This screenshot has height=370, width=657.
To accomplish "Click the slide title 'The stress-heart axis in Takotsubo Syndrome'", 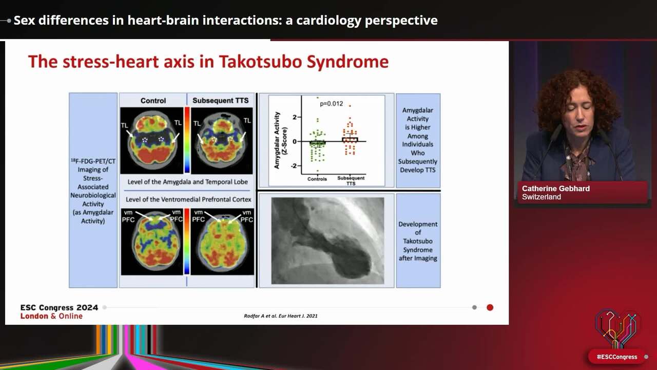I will pyautogui.click(x=208, y=62).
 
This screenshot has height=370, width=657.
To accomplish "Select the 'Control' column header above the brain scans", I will pyautogui.click(x=153, y=100).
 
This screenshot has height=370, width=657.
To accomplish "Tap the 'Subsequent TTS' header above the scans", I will pyautogui.click(x=220, y=100).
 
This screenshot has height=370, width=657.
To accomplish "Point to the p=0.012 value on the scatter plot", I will pyautogui.click(x=331, y=104).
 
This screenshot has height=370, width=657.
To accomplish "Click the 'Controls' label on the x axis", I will pyautogui.click(x=317, y=179).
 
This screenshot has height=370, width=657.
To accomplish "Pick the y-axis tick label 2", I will pyautogui.click(x=295, y=117).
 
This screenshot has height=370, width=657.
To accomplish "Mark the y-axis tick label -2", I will pyautogui.click(x=294, y=165).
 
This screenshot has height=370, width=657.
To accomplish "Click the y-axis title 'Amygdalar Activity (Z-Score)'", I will pyautogui.click(x=280, y=140).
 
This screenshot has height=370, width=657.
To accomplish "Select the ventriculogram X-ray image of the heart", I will pyautogui.click(x=327, y=240).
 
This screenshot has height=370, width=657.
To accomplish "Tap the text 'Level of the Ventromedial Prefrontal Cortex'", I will pyautogui.click(x=188, y=199).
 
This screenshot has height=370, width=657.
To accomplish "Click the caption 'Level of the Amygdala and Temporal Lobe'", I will pyautogui.click(x=188, y=182).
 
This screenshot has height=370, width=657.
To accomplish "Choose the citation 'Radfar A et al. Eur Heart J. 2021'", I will pyautogui.click(x=280, y=316).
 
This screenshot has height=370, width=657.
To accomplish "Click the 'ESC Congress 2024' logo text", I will pyautogui.click(x=59, y=307).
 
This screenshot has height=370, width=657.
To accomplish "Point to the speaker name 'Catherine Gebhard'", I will pyautogui.click(x=555, y=189).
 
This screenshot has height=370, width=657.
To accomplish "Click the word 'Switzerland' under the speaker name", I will pyautogui.click(x=541, y=197).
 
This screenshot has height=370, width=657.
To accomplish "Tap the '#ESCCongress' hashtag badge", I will pyautogui.click(x=616, y=357).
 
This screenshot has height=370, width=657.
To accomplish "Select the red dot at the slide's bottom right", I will pyautogui.click(x=490, y=307).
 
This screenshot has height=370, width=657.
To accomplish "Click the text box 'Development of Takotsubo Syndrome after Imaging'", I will pyautogui.click(x=418, y=241).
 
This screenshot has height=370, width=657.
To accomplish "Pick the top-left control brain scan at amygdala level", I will pyautogui.click(x=152, y=140).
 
